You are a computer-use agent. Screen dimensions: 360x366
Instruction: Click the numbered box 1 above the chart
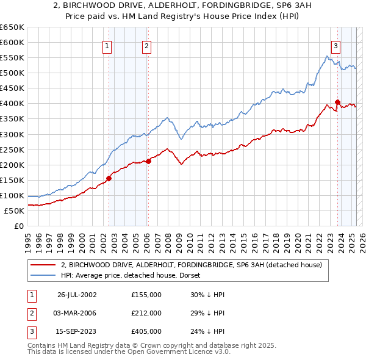pos(107,45)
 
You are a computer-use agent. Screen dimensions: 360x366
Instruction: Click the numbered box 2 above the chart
pos(147,45)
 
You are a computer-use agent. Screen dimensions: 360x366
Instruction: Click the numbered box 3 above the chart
pos(335,45)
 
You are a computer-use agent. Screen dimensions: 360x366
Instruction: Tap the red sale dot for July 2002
pos(109,178)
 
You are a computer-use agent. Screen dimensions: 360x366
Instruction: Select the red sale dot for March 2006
pos(148,161)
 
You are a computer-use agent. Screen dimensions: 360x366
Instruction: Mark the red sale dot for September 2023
pos(337,102)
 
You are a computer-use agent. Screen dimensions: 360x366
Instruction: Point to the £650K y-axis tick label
pos(12,27)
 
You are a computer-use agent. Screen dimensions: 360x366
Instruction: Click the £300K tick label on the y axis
pos(12,134)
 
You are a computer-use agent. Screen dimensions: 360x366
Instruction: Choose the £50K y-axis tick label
pos(15,211)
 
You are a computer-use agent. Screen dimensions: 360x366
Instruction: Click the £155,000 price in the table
pos(146,295)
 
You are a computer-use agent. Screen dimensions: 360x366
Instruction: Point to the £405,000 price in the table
pos(146,331)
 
